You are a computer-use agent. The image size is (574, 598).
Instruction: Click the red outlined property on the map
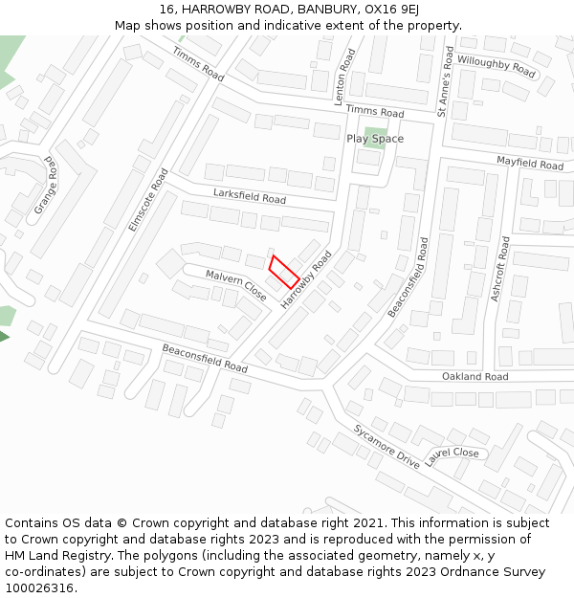click(285, 272)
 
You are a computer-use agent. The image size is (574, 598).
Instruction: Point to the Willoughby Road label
click(497, 66)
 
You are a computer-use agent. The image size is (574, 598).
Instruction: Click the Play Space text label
click(375, 139)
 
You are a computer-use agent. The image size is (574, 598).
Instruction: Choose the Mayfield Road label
click(530, 163)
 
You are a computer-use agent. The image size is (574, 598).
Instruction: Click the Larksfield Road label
click(250, 197)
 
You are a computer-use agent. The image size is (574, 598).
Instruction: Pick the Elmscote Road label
click(148, 200)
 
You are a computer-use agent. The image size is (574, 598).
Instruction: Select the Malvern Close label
click(236, 285)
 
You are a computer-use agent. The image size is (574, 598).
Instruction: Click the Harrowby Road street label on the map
click(305, 280)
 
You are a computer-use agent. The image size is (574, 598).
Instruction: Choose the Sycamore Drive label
click(386, 446)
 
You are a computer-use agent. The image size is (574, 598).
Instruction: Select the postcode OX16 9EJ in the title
click(395, 9)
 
